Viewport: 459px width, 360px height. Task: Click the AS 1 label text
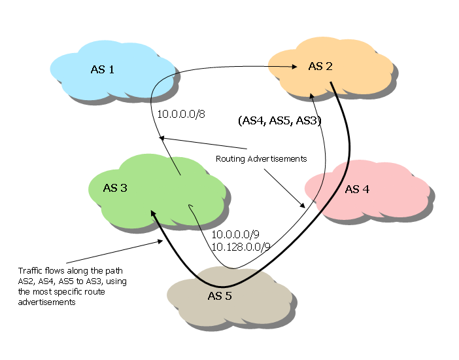point(103,69)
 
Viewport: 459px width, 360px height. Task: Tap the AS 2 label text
point(320,66)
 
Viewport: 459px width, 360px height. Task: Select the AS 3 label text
point(115,188)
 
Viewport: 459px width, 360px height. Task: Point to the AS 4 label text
point(357,189)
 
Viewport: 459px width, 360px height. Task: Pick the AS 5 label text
point(220,296)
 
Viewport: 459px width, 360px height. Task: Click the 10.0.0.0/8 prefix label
point(181,115)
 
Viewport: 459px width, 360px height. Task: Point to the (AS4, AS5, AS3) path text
point(279,121)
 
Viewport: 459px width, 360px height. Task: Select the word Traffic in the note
point(30,270)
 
